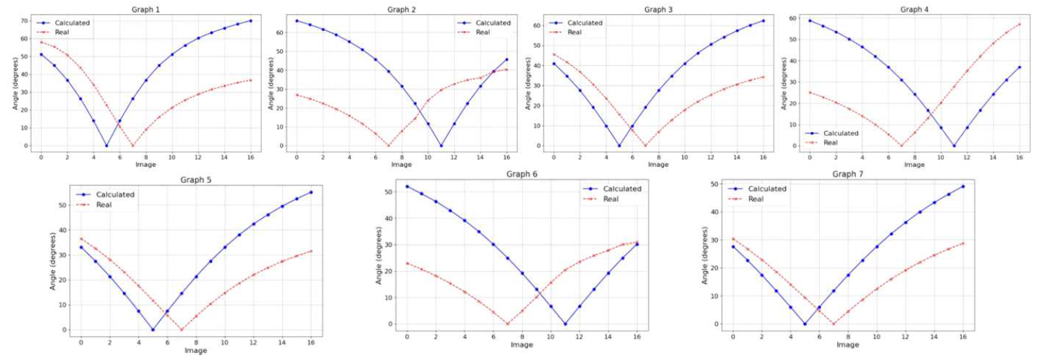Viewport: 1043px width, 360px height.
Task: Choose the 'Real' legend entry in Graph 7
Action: [x=756, y=199]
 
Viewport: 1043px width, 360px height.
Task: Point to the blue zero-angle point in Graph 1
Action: [x=106, y=146]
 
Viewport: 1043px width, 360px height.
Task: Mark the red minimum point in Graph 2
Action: [x=388, y=146]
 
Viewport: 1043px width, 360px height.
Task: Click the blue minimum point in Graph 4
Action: [x=954, y=146]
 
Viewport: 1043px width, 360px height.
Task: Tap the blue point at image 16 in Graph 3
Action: [x=763, y=20]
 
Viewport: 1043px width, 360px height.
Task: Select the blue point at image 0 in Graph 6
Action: [x=406, y=187]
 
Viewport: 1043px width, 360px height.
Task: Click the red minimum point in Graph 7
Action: [x=833, y=324]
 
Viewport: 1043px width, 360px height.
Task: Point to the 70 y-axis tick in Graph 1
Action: [x=26, y=20]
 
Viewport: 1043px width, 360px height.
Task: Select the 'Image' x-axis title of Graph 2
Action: [x=401, y=165]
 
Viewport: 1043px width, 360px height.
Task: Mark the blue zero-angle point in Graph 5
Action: [x=152, y=330]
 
